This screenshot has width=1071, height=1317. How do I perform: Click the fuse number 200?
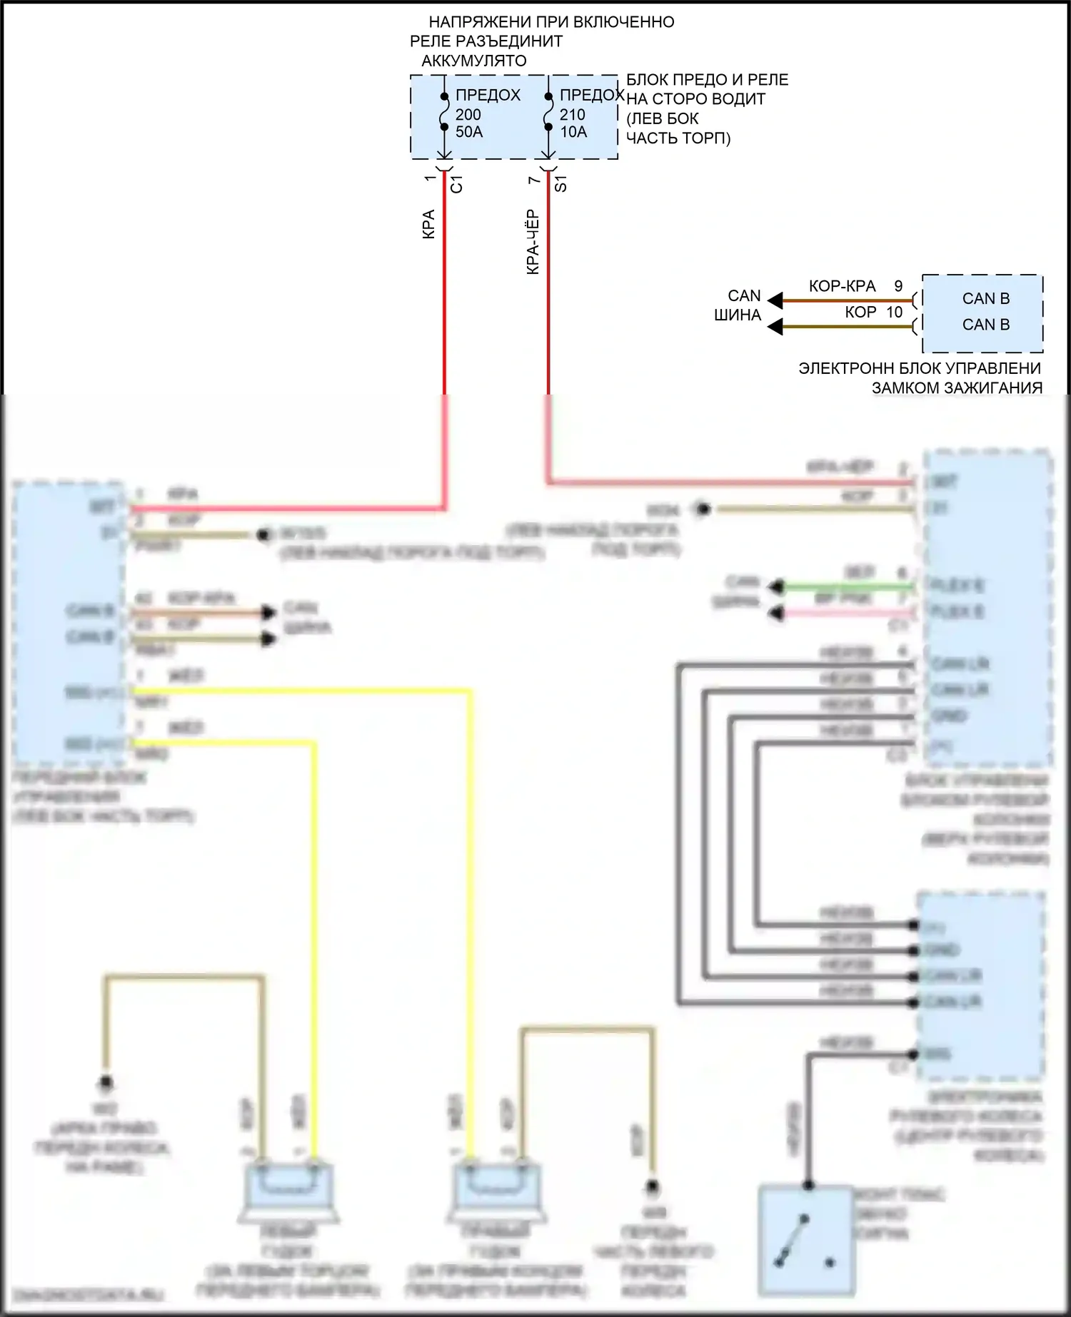468,114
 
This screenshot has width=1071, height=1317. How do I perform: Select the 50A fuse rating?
469,132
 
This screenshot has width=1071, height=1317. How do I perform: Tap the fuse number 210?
573,114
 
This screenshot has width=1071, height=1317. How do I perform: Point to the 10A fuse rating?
573,132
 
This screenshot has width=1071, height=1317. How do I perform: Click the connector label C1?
457,184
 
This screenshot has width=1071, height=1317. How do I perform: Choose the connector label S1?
561,184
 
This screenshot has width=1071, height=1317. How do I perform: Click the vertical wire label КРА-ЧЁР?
533,243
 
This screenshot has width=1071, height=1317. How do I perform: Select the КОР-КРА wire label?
842,287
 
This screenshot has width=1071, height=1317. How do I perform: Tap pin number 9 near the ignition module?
898,287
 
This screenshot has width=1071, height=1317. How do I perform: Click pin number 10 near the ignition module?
895,312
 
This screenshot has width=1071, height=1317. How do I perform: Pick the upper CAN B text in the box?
985,299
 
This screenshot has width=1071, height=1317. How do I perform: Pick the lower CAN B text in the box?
985,325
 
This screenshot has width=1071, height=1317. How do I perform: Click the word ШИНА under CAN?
738,315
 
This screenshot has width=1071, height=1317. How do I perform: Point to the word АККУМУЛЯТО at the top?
474,61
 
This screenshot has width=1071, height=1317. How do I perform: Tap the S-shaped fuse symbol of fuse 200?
444,113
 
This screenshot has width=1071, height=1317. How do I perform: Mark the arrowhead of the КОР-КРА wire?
775,300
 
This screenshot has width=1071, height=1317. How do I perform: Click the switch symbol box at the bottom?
806,1241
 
